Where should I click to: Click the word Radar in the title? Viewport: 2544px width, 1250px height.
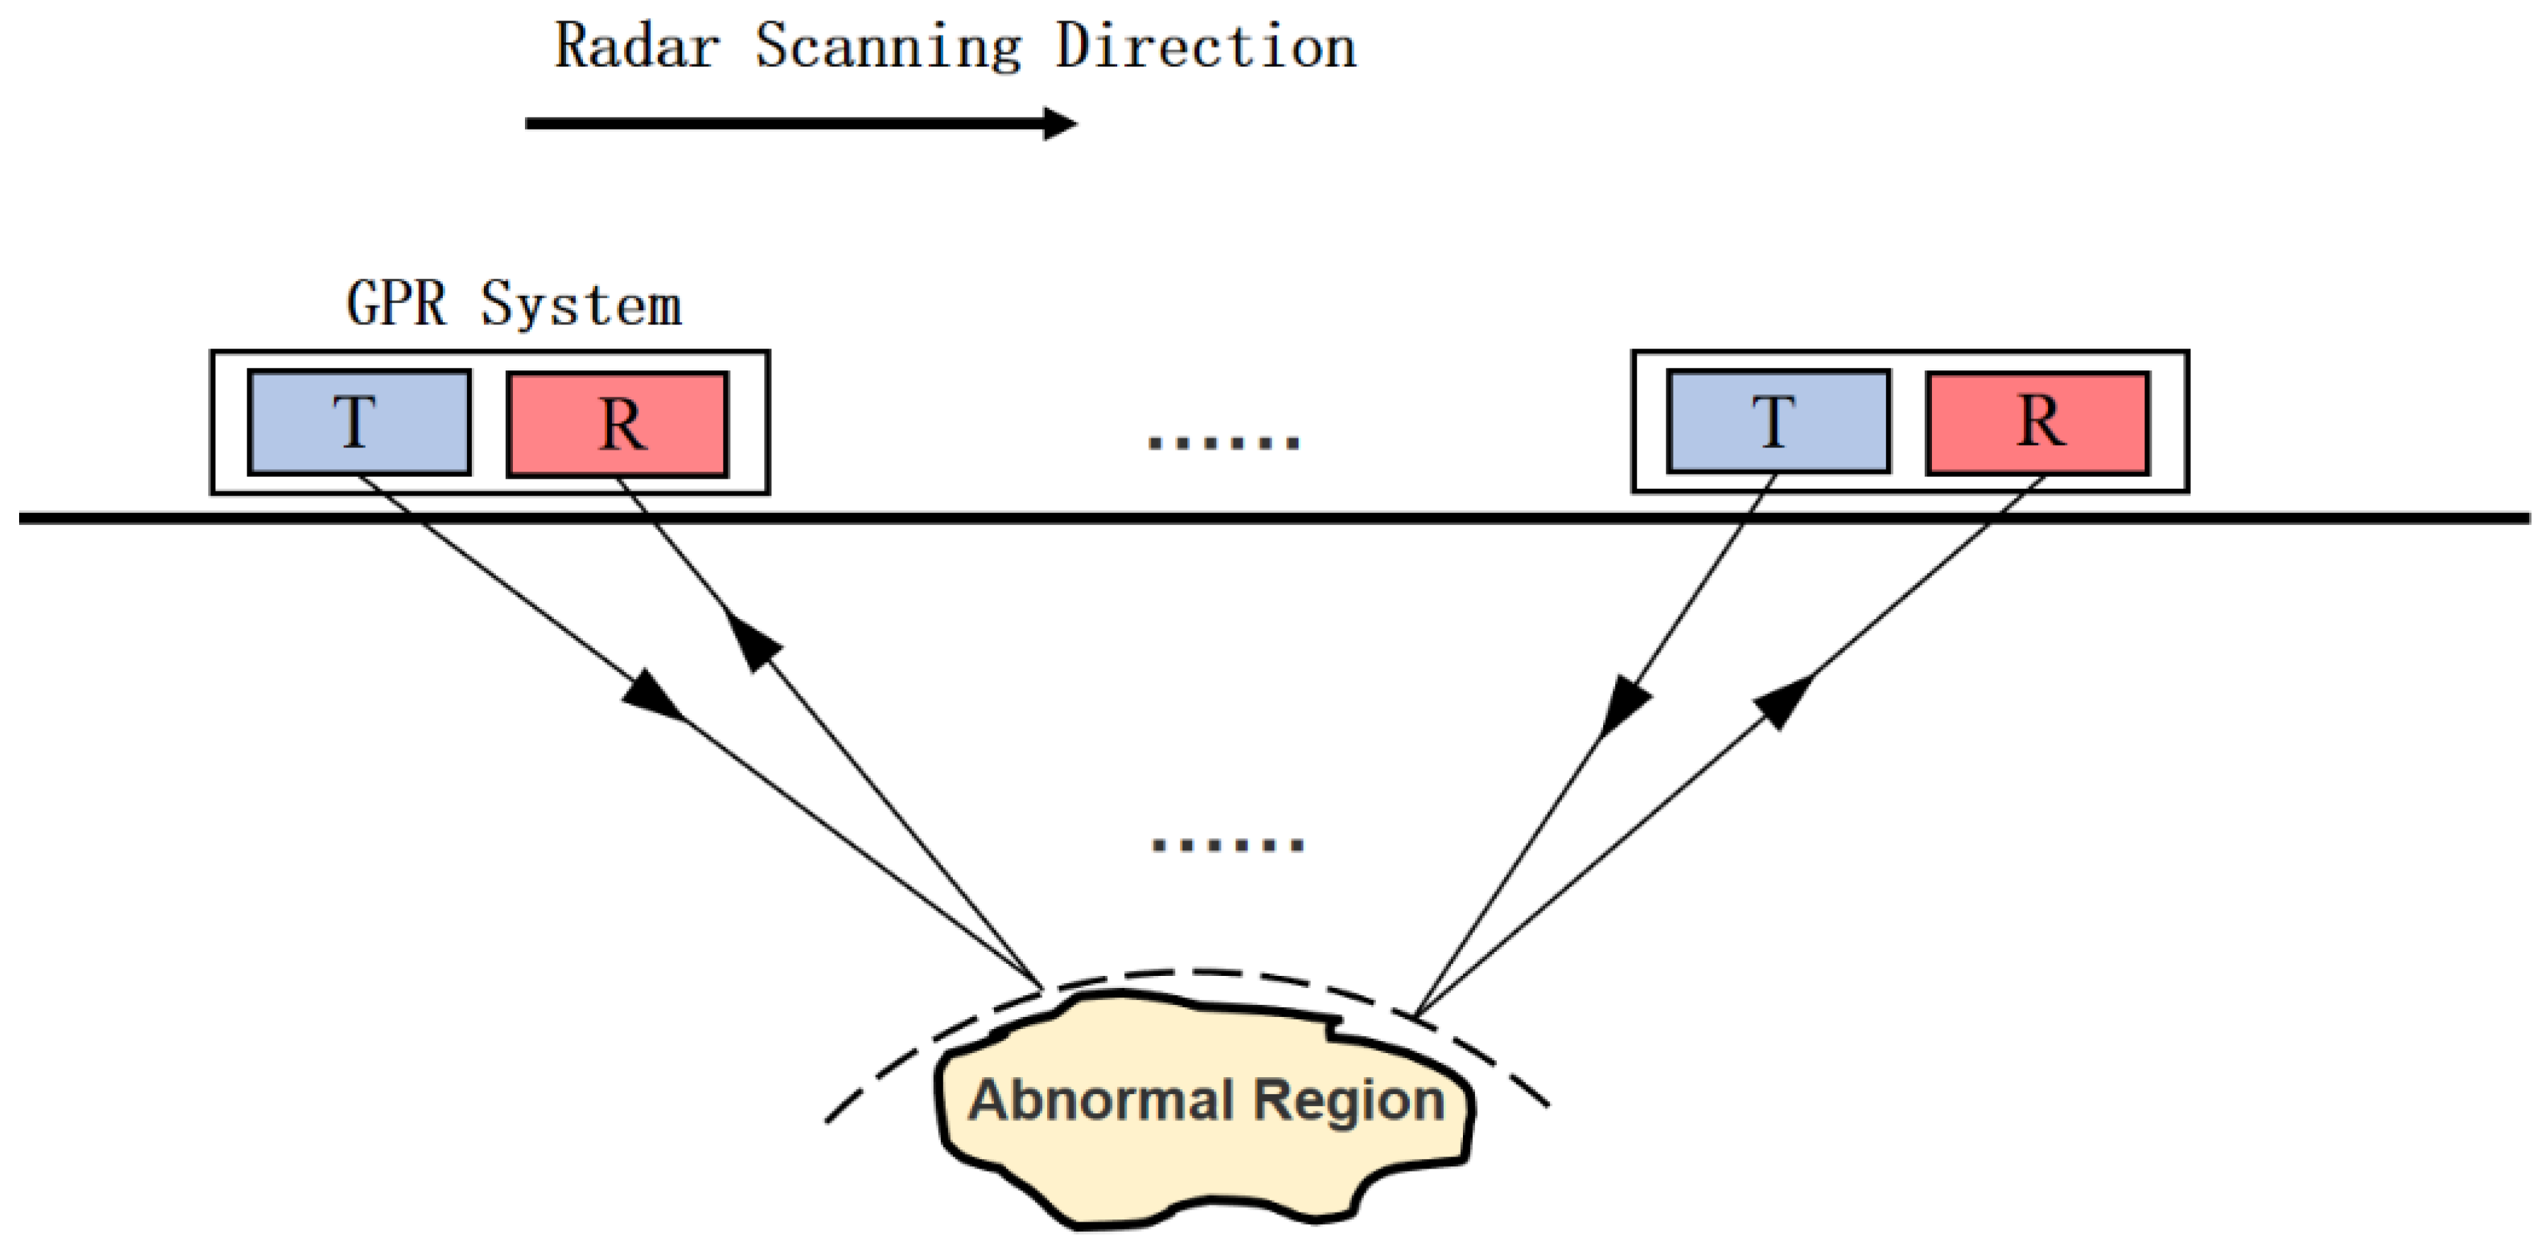click(636, 47)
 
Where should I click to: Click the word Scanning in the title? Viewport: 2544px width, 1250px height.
click(888, 47)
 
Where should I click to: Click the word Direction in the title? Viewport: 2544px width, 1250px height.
click(1206, 47)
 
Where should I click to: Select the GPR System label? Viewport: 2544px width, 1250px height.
click(514, 303)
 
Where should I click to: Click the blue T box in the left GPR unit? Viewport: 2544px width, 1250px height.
click(359, 423)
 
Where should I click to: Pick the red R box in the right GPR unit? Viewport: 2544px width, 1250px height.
click(2038, 423)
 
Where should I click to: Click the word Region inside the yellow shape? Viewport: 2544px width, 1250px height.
click(1349, 1100)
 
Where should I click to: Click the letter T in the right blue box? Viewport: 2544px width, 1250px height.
click(1774, 421)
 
